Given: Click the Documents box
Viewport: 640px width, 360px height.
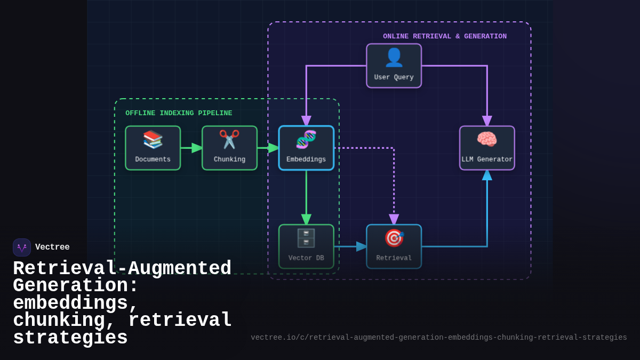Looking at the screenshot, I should [153, 148].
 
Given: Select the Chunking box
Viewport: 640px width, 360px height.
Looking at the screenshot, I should [229, 148].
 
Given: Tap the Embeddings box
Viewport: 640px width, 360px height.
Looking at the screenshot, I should [306, 148].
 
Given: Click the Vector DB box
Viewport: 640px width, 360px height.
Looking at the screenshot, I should [306, 246].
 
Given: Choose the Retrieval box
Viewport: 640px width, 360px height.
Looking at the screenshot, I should [394, 246].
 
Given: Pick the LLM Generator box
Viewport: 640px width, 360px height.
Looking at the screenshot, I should [487, 148].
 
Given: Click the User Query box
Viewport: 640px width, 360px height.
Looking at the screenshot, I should [394, 66].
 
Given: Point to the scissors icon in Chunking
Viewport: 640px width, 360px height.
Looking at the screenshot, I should [229, 139].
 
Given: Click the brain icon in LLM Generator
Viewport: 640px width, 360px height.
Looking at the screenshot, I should [487, 139].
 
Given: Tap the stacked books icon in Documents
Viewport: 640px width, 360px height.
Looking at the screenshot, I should [153, 139].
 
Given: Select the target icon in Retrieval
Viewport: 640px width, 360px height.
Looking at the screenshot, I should [394, 238].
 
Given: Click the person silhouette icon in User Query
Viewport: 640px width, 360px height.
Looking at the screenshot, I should [394, 57].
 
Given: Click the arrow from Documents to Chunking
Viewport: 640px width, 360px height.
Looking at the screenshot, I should [191, 148].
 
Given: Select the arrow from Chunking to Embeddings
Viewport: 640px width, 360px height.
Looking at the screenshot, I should [268, 148].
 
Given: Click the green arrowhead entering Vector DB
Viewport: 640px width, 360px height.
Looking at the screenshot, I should [306, 219].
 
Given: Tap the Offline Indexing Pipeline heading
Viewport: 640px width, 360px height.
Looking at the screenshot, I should [179, 113].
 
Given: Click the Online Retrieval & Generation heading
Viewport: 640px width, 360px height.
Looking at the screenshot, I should [445, 36].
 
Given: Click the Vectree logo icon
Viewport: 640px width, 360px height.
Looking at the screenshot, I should [22, 247].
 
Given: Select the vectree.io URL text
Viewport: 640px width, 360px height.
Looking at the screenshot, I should [438, 338].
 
